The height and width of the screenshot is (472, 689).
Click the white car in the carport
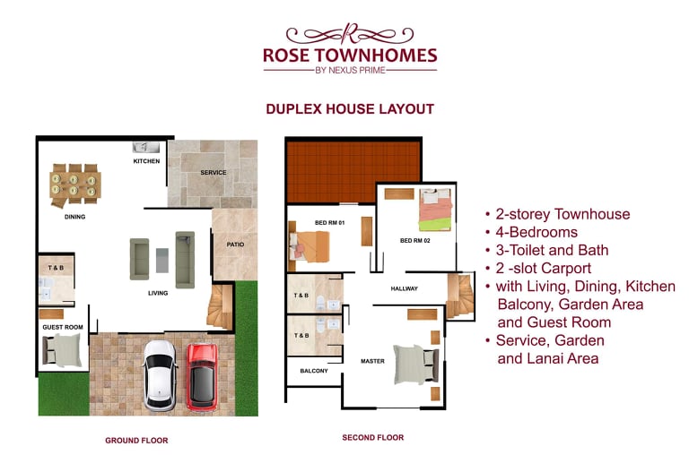pyautogui.click(x=161, y=376)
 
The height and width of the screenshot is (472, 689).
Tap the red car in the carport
pyautogui.click(x=202, y=377)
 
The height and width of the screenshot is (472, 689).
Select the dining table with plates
pyautogui.click(x=75, y=185)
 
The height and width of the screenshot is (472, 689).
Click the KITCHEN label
pyautogui.click(x=146, y=161)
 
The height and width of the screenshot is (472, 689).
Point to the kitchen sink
pyautogui.click(x=146, y=148)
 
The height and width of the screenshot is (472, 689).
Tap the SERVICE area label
pyautogui.click(x=214, y=172)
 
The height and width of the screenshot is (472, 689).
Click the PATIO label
pyautogui.click(x=236, y=245)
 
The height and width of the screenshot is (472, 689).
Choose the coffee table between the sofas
pyautogui.click(x=162, y=261)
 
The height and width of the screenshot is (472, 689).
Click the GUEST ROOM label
pyautogui.click(x=63, y=327)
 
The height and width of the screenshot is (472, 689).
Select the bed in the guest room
pyautogui.click(x=63, y=350)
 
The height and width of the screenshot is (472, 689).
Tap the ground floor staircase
pyautogui.click(x=220, y=306)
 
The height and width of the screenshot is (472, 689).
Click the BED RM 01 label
pyautogui.click(x=329, y=223)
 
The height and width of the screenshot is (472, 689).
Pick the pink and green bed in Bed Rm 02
pyautogui.click(x=435, y=210)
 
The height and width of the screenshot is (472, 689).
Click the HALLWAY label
pyautogui.click(x=405, y=288)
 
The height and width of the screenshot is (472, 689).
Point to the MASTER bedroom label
pyautogui.click(x=372, y=361)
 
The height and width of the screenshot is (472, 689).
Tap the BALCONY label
pyautogui.click(x=314, y=371)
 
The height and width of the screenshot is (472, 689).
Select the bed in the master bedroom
pyautogui.click(x=415, y=365)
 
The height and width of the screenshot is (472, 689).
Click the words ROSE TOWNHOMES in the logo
pyautogui.click(x=350, y=56)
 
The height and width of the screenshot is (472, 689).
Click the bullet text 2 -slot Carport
pyautogui.click(x=544, y=268)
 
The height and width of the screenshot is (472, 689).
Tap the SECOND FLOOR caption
pyautogui.click(x=373, y=437)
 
